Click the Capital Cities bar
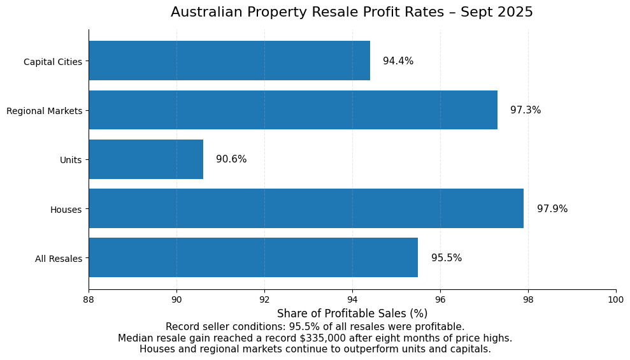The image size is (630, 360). pos(229,61)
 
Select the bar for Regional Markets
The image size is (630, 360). pos(293,110)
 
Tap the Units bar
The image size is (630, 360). pos(146,159)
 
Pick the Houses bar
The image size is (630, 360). pos(306,208)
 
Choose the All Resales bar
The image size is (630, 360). pos(253,257)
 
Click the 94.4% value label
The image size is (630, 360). pos(398,61)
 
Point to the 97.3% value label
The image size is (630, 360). pos(526,110)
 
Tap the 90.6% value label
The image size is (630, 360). pos(231,159)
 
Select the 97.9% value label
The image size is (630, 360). pos(552,209)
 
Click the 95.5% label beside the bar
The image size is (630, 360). pos(447,258)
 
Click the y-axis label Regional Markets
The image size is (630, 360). pos(45,111)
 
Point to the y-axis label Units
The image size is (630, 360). pos(71,160)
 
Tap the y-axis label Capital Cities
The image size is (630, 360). pos(53,62)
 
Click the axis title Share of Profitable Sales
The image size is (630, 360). pos(352,313)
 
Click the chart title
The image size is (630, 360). pos(352,12)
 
